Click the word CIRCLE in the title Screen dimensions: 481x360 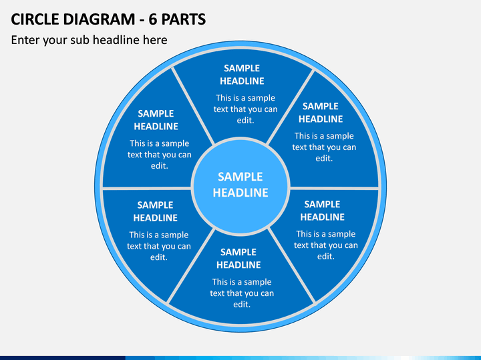click(x=35, y=19)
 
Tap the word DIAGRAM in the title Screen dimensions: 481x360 click(x=99, y=19)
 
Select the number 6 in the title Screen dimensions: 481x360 click(x=153, y=19)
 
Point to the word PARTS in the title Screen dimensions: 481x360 click(x=184, y=19)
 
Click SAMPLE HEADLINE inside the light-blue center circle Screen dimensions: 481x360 click(x=240, y=185)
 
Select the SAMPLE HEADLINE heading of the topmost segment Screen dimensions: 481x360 click(x=242, y=75)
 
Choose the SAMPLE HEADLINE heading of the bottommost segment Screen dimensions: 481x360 click(x=238, y=259)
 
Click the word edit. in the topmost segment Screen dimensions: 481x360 click(x=245, y=120)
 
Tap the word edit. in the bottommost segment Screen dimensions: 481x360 click(x=242, y=304)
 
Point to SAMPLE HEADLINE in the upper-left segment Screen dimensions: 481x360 click(x=156, y=120)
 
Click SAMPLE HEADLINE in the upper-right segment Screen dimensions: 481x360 click(x=321, y=113)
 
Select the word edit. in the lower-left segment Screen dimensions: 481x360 click(x=159, y=257)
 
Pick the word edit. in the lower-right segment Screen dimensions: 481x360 click(x=326, y=256)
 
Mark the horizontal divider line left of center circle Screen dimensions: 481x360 click(x=146, y=188)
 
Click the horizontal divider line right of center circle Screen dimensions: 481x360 click(x=335, y=188)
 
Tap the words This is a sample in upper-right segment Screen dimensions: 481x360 click(x=324, y=136)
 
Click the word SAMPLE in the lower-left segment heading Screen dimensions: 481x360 click(x=155, y=205)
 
